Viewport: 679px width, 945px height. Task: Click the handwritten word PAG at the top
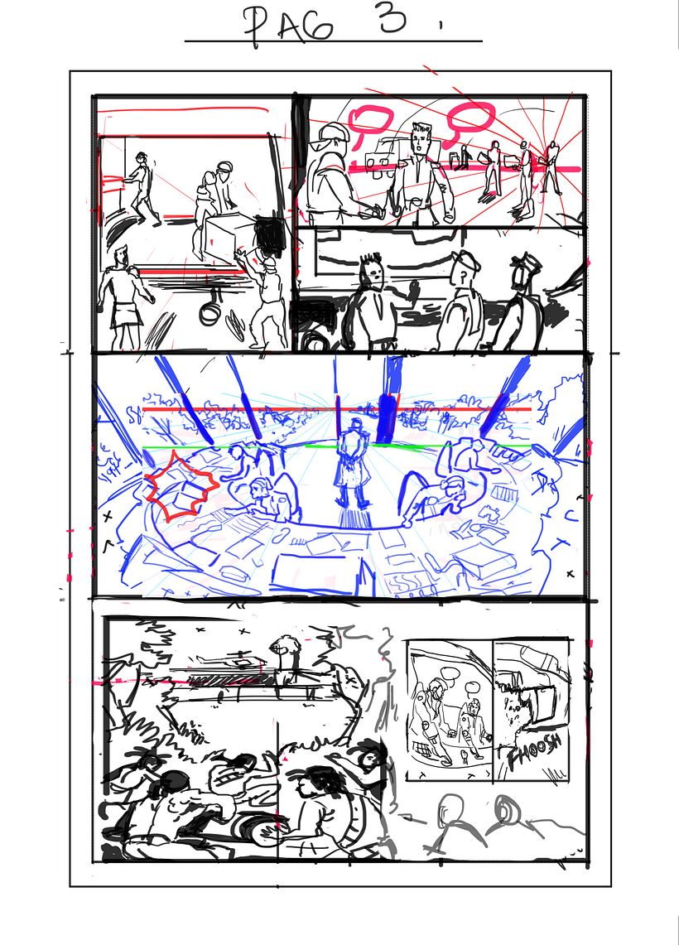pos(289,25)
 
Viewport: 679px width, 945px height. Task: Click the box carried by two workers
pos(227,235)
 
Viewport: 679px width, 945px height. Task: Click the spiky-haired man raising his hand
pos(372,298)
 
